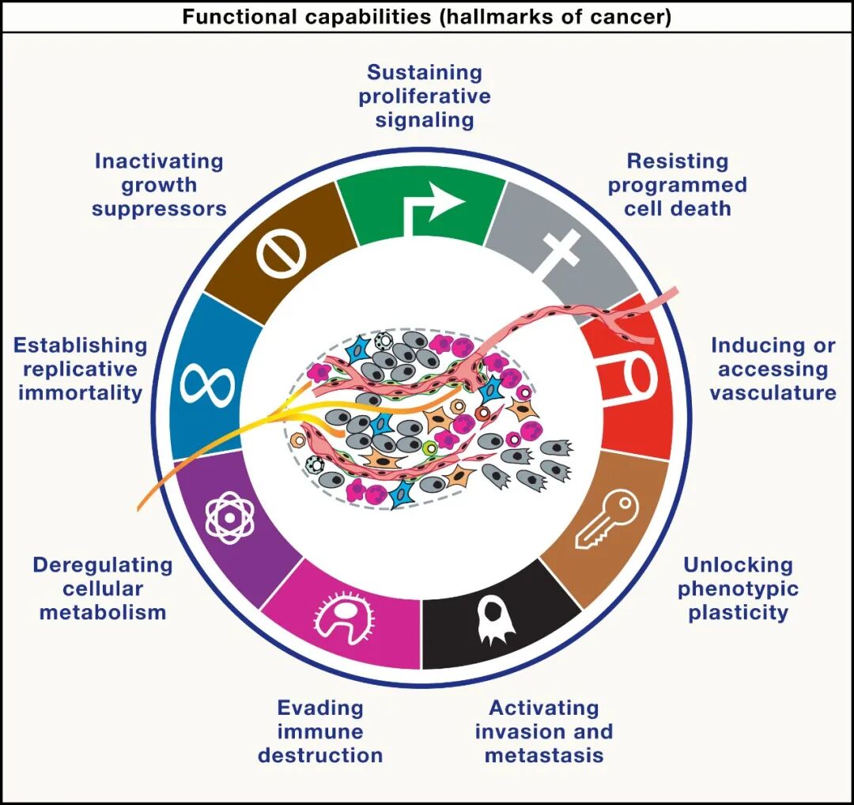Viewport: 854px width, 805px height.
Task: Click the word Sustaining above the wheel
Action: click(425, 73)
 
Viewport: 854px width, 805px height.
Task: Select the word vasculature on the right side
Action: click(773, 393)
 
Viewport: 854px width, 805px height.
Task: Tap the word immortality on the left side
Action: click(80, 393)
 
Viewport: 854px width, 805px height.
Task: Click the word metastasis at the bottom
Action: click(543, 755)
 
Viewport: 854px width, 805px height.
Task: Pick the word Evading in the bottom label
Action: click(320, 708)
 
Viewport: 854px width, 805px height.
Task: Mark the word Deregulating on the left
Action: click(103, 565)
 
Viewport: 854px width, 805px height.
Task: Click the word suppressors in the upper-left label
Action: click(159, 209)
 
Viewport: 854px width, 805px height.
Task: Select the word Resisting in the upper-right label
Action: click(678, 161)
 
